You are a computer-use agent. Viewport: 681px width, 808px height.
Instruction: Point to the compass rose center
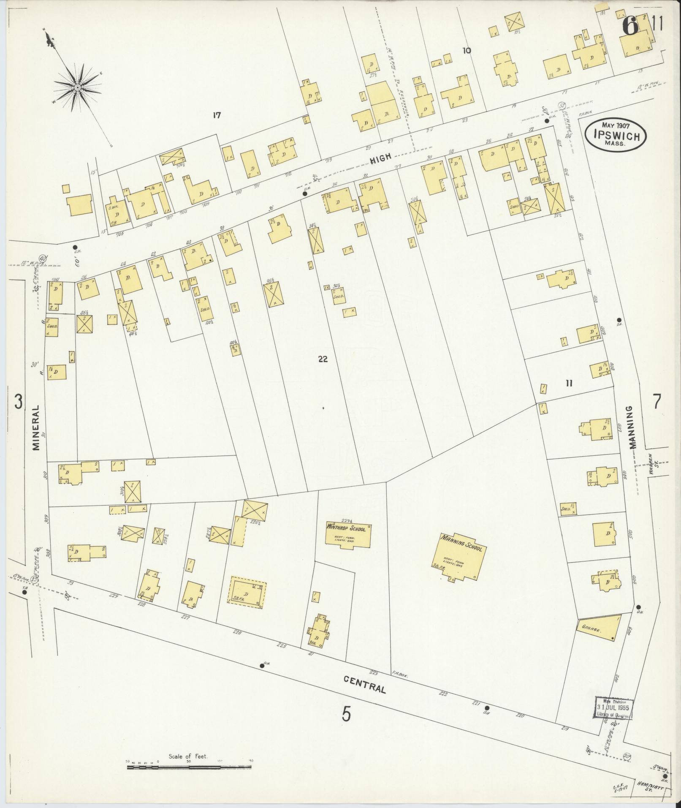(78, 87)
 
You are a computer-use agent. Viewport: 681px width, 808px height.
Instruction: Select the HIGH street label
(381, 158)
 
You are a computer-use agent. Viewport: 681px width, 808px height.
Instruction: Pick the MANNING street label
(632, 427)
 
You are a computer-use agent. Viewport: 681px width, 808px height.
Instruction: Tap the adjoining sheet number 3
(18, 401)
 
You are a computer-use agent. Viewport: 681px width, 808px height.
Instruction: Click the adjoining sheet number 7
(657, 401)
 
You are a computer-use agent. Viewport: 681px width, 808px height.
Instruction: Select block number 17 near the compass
(217, 115)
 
